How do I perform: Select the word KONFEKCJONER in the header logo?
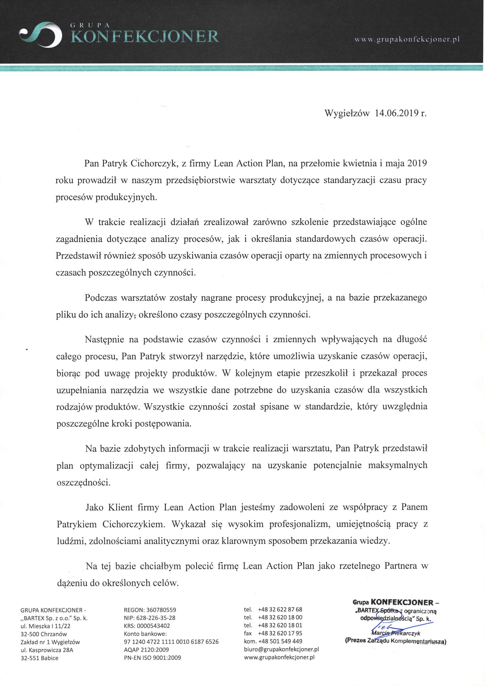(146, 37)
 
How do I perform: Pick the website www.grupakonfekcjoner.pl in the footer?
(279, 657)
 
